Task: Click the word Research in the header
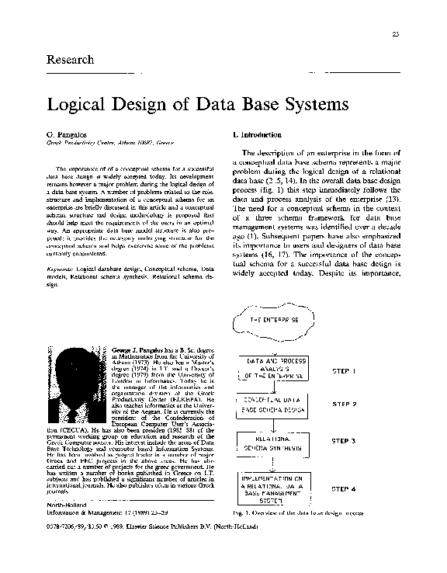[71, 61]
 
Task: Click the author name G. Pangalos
[66, 134]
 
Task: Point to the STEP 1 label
[343, 371]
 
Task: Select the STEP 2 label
[345, 405]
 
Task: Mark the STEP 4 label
[345, 489]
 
